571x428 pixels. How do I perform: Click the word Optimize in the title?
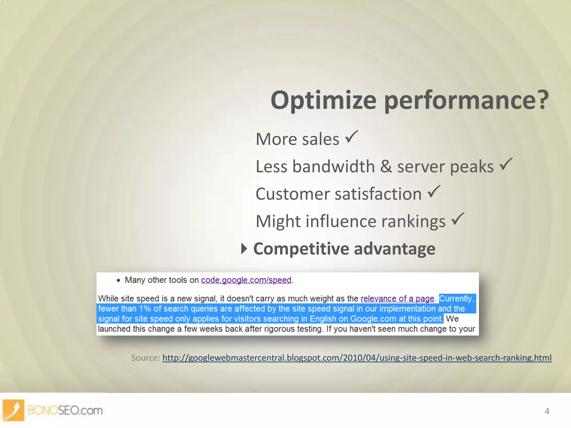pos(323,101)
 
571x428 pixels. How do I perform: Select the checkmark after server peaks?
pos(506,164)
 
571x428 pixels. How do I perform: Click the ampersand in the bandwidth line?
pos(386,167)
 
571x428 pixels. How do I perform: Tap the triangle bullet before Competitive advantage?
pos(244,249)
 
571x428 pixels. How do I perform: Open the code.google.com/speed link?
pos(246,280)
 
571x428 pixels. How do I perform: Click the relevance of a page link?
pos(397,299)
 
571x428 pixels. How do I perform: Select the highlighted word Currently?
pos(456,299)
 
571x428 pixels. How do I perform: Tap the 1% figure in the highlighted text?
pos(145,309)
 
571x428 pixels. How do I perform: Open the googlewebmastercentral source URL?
pos(357,358)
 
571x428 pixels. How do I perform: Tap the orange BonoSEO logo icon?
pos(13,410)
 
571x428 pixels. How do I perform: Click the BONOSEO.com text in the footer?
pos(65,410)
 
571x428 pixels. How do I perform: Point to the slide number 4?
pos(547,411)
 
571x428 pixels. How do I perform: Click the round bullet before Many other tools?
pos(118,281)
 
